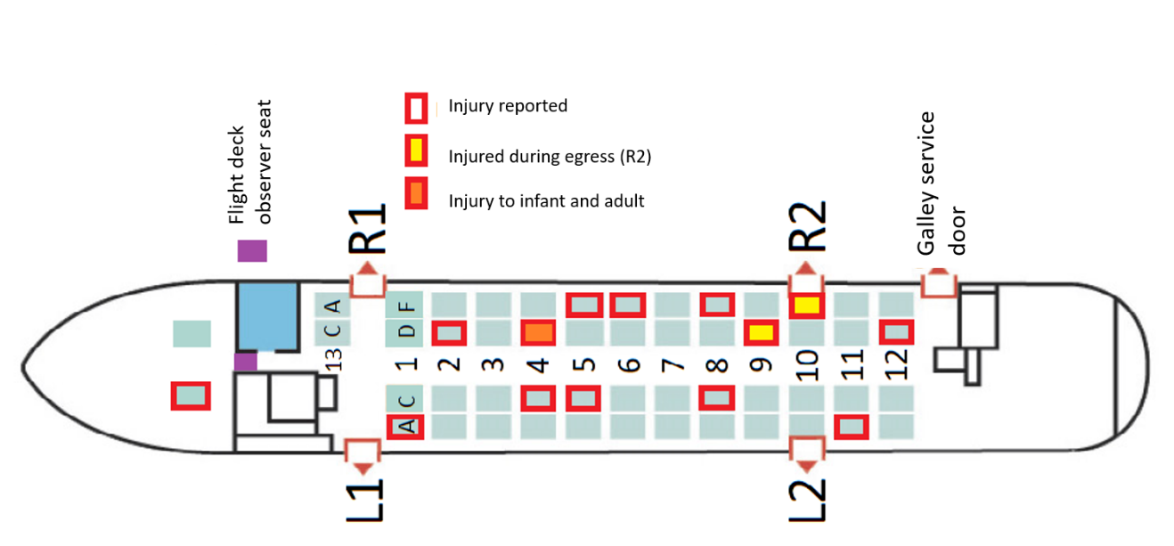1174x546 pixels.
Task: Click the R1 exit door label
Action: click(x=367, y=229)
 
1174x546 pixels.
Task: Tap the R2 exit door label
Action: click(x=807, y=229)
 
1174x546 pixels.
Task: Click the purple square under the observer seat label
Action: click(x=252, y=251)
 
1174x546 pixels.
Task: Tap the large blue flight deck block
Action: click(x=266, y=317)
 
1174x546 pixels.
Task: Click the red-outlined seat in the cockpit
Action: click(x=191, y=395)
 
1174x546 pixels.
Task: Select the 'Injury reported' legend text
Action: click(x=508, y=106)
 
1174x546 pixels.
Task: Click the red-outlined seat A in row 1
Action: click(x=405, y=428)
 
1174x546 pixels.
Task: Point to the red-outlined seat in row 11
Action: click(x=851, y=428)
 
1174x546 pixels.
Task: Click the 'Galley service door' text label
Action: click(x=942, y=183)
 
